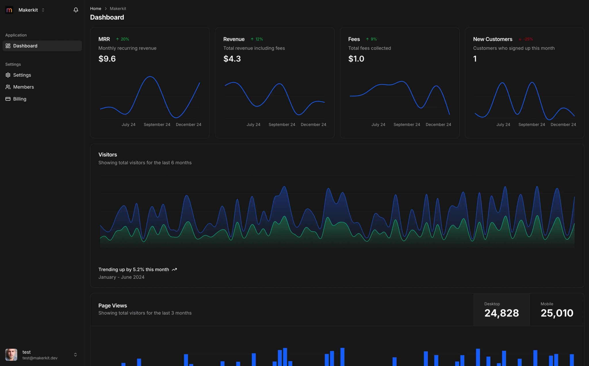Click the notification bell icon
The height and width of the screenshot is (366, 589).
click(76, 10)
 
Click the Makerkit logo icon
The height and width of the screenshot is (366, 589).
click(9, 10)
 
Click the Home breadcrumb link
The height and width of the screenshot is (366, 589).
click(95, 9)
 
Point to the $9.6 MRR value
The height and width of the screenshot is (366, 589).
click(107, 59)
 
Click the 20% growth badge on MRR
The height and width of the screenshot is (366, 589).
click(123, 39)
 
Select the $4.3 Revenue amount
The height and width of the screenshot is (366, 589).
click(232, 59)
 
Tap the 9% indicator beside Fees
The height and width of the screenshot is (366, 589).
click(371, 39)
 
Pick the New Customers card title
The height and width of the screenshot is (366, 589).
click(493, 39)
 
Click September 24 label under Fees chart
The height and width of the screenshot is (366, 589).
click(407, 124)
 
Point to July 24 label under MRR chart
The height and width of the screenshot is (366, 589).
click(128, 124)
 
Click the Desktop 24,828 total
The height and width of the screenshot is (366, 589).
click(502, 313)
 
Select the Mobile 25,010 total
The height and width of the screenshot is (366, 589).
click(557, 313)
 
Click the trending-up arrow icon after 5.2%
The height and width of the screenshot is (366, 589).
click(174, 270)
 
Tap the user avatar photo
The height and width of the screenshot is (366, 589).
click(11, 355)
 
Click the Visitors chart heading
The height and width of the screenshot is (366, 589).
click(108, 155)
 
